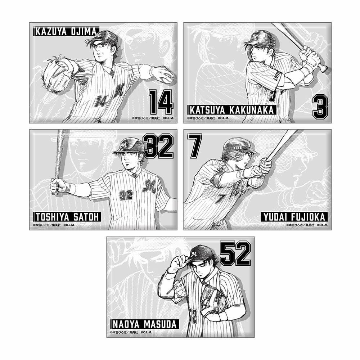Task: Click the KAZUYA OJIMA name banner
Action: coord(66,31)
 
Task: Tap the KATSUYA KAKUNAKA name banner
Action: coord(232,110)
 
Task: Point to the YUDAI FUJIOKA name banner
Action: coord(294,217)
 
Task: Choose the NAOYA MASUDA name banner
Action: coord(145,324)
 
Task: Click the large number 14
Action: coord(161,102)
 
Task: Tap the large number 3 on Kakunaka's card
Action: coord(320,107)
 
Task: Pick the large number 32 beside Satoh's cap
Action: coord(159,146)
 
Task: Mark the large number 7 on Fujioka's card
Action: coord(194,146)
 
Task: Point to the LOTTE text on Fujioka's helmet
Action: coord(235,148)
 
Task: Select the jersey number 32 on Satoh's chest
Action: coord(126,195)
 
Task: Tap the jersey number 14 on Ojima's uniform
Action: coord(100,102)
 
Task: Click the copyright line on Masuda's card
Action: coord(131,332)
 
